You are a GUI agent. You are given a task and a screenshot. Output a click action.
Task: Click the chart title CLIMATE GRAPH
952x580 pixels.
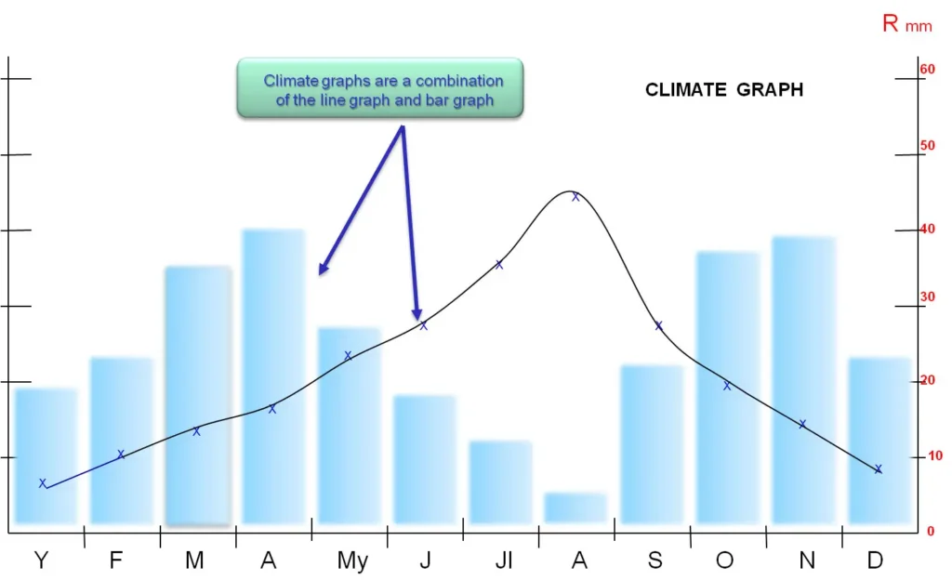click(x=723, y=90)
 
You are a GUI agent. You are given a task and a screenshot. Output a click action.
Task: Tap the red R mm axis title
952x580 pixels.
click(x=906, y=23)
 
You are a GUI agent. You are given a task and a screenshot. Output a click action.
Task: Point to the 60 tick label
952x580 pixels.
click(x=927, y=69)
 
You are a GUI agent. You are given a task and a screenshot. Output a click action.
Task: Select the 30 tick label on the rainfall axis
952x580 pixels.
click(x=927, y=297)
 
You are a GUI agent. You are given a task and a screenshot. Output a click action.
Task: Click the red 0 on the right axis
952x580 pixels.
click(x=931, y=532)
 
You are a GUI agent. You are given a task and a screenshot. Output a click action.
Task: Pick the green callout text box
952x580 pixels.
click(x=380, y=88)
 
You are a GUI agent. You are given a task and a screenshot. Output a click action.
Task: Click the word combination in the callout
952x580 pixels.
click(x=459, y=81)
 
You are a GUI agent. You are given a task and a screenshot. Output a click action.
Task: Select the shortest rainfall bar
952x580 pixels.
click(x=575, y=507)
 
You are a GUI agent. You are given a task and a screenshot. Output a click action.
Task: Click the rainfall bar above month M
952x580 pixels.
click(x=198, y=396)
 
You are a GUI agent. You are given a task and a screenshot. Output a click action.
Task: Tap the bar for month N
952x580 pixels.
click(x=803, y=380)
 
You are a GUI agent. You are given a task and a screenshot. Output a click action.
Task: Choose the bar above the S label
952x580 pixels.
click(x=652, y=444)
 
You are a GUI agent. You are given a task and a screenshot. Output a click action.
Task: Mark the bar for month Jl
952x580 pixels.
click(x=500, y=482)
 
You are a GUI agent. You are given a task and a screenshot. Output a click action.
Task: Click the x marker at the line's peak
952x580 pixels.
click(x=575, y=196)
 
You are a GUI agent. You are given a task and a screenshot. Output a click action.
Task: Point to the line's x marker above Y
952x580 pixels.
click(x=43, y=483)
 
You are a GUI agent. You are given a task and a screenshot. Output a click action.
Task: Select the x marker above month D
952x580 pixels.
click(x=878, y=468)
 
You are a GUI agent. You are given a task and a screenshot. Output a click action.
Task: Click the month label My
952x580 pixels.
click(x=352, y=560)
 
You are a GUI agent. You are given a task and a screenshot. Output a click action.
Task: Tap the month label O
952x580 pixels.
click(x=724, y=560)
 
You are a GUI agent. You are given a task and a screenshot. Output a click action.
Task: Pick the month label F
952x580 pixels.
click(x=116, y=560)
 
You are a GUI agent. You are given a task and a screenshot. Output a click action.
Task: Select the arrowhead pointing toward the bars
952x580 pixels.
click(x=324, y=269)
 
